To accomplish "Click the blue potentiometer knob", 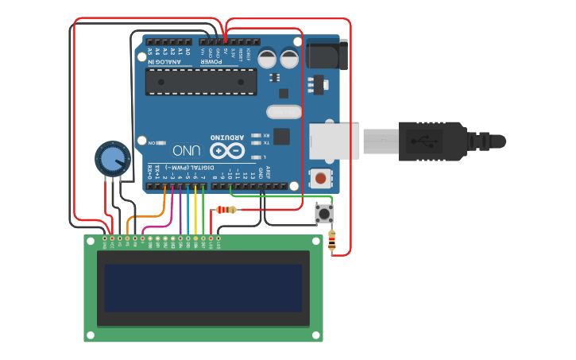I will tap(112, 159).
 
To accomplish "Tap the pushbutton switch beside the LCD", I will tap(324, 214).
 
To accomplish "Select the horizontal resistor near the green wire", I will tap(229, 210).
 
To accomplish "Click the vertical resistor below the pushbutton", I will tap(331, 241).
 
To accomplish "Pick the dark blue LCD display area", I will tap(203, 288).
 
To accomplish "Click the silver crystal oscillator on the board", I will tap(284, 112).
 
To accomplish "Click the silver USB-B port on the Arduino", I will tap(334, 141).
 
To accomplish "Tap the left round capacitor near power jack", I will tap(268, 58).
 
